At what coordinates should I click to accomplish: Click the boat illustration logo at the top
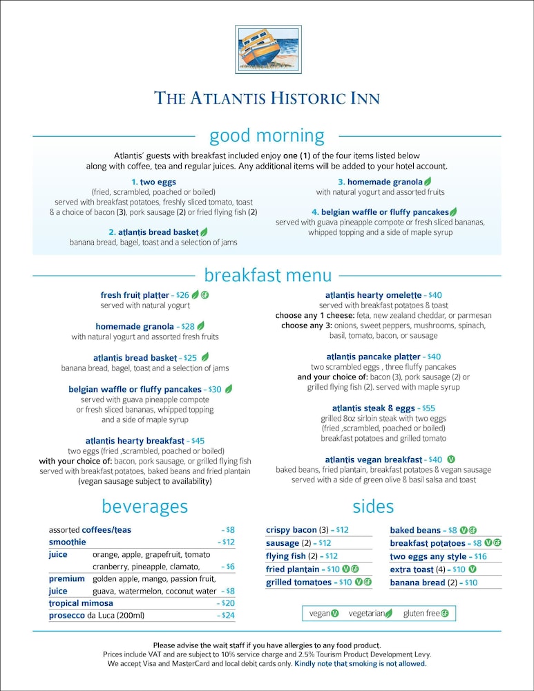coord(267,49)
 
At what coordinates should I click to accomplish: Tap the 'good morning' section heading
coord(267,135)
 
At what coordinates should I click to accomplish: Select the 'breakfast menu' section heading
coord(267,276)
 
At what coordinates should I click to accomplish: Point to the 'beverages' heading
coord(144,507)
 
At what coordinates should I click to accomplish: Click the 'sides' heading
coord(373,507)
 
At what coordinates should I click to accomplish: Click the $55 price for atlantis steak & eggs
coord(428,408)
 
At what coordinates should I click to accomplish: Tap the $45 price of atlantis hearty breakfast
coord(198,441)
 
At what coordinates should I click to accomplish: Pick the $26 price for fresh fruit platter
coord(182,295)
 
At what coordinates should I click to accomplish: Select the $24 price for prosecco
coord(228,615)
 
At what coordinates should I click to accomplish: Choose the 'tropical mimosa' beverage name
coord(81,603)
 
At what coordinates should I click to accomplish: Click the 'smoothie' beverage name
coord(67,542)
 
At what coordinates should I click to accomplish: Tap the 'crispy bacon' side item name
coord(291,530)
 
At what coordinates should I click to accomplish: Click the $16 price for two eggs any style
coord(480,556)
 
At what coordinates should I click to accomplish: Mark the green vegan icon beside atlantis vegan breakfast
coord(451,459)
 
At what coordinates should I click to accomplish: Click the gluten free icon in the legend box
coord(445,613)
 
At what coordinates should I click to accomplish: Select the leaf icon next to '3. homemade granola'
coord(428,182)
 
